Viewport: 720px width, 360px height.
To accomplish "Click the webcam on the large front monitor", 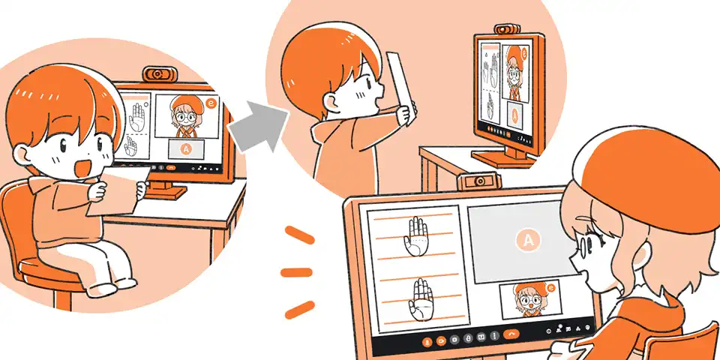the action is click(x=478, y=181).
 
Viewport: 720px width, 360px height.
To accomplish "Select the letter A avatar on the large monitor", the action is click(x=527, y=239).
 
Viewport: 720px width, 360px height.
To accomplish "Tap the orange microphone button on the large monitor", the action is click(x=427, y=340).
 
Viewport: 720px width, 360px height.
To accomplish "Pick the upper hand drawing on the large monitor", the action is click(x=415, y=236).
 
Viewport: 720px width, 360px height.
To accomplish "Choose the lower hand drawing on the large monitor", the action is click(x=420, y=299).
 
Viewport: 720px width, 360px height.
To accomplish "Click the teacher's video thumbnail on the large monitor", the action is click(x=531, y=300).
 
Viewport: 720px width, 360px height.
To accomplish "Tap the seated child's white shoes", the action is click(x=112, y=286).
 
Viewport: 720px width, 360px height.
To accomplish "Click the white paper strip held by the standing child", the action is click(x=400, y=87).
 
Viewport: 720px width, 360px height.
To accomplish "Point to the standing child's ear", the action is click(x=330, y=101).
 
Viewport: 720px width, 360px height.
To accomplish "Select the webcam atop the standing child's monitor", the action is click(x=507, y=29).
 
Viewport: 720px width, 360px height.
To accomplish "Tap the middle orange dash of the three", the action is click(x=296, y=272).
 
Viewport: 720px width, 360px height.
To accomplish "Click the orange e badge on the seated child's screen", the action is click(x=211, y=103).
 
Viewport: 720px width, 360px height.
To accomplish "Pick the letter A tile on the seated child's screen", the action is click(x=186, y=148).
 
